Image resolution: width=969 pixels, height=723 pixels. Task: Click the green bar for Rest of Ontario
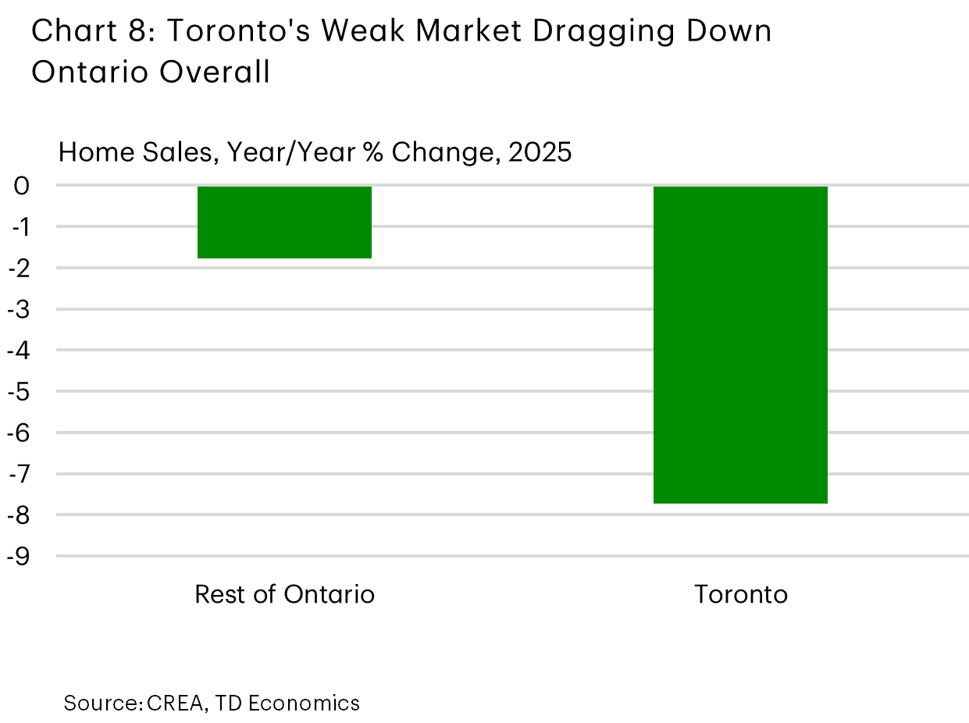(284, 222)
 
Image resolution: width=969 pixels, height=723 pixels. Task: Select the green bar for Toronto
(740, 344)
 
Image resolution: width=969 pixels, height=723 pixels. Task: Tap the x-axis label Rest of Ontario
(284, 595)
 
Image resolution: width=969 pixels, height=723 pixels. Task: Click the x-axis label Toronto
(741, 595)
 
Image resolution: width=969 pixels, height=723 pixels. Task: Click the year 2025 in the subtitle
(540, 152)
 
